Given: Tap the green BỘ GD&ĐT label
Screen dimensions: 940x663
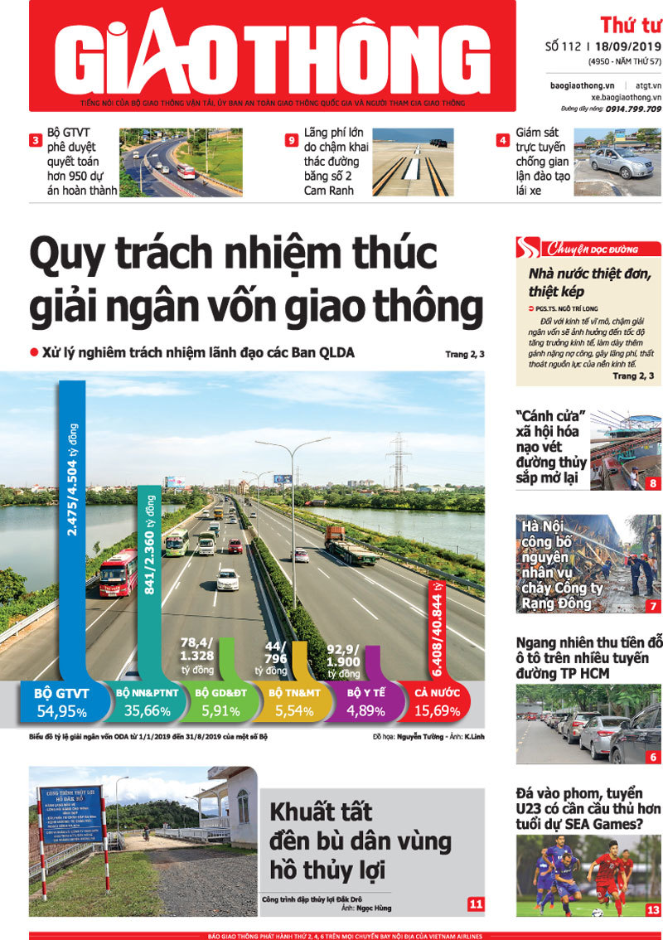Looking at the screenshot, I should pyautogui.click(x=221, y=693).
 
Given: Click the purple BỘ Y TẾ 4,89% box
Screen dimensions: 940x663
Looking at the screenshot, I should pyautogui.click(x=364, y=701).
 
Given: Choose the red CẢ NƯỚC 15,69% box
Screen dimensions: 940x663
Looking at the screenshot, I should pyautogui.click(x=434, y=701).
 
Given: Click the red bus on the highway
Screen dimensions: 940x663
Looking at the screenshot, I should pyautogui.click(x=118, y=572).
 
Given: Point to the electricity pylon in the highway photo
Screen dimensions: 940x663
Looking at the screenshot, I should pyautogui.click(x=399, y=460).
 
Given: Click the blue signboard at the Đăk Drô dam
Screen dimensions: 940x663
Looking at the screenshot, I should pyautogui.click(x=71, y=814).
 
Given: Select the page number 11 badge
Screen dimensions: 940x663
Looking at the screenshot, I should pyautogui.click(x=476, y=904).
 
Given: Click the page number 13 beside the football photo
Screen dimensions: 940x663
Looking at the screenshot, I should pyautogui.click(x=653, y=909).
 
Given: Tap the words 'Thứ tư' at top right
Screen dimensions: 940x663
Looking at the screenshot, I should pyautogui.click(x=630, y=24).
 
